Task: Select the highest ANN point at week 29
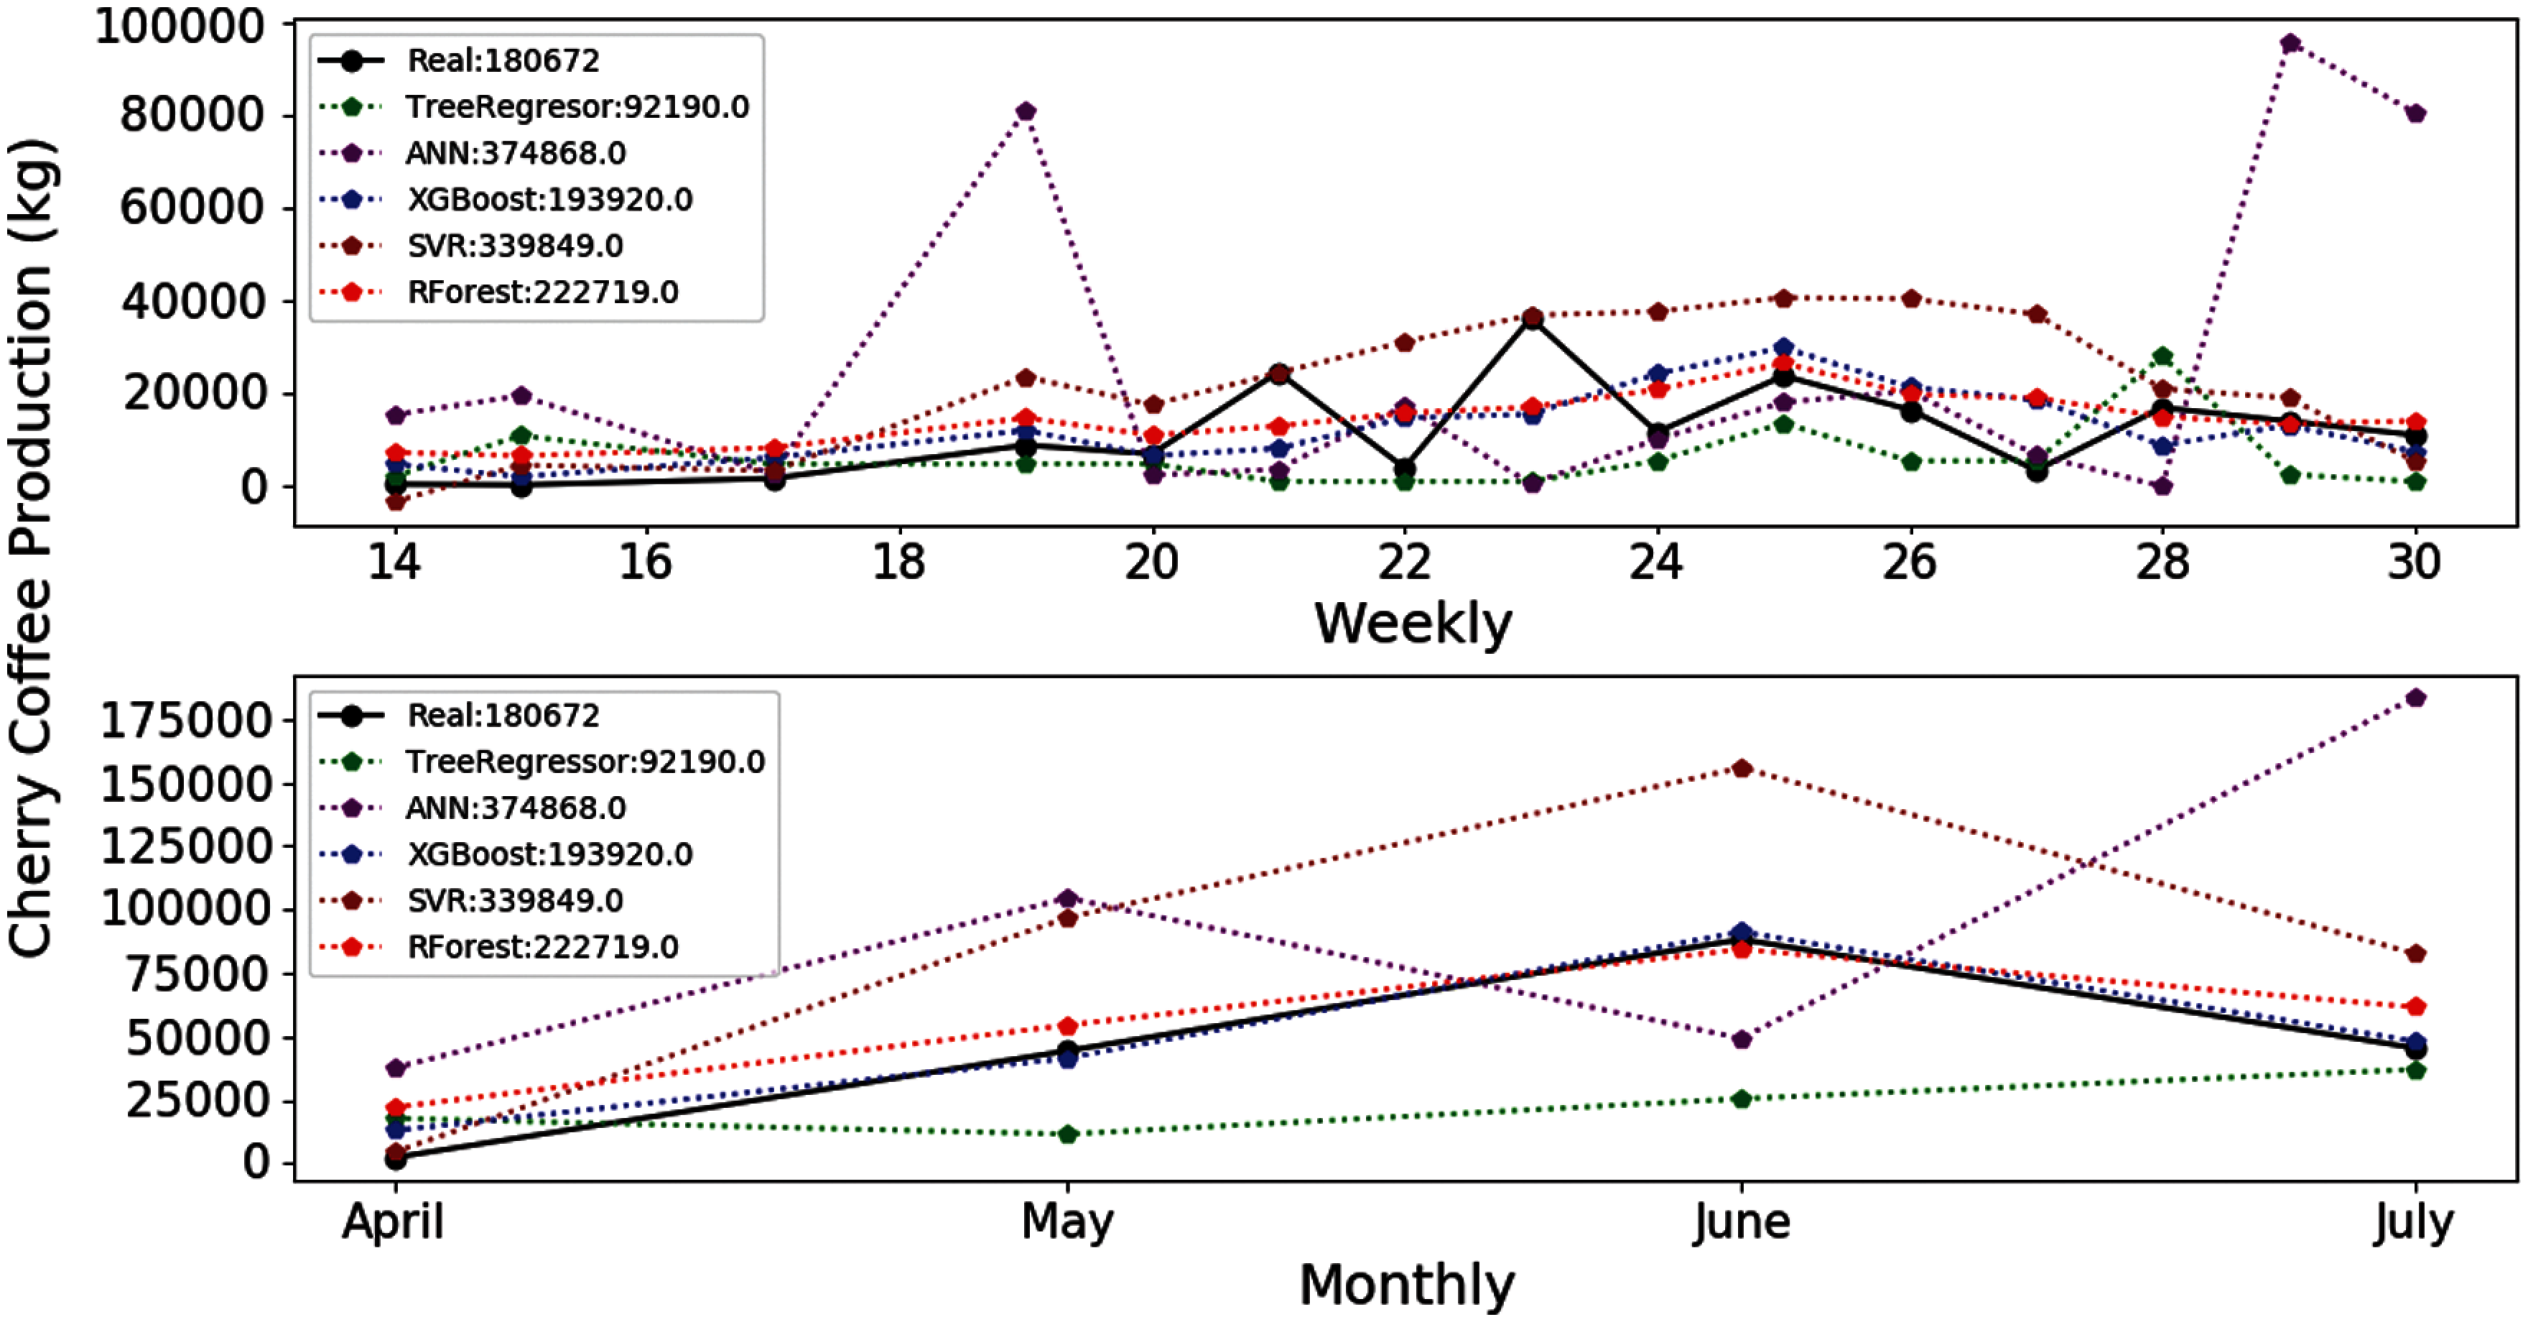(2290, 43)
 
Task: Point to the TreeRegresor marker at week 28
(2162, 356)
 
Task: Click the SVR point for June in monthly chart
(1742, 769)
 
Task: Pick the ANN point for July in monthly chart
(2416, 698)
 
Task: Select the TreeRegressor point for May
(1068, 1134)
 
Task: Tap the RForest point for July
(2416, 1007)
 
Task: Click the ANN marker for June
(1742, 1040)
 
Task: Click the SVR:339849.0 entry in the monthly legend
(515, 901)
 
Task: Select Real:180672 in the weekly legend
(503, 61)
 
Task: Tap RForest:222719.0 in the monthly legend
(543, 947)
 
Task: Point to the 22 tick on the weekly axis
(1404, 563)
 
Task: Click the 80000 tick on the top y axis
(191, 116)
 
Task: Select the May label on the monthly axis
(1068, 1223)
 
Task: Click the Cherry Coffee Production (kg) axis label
(32, 550)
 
